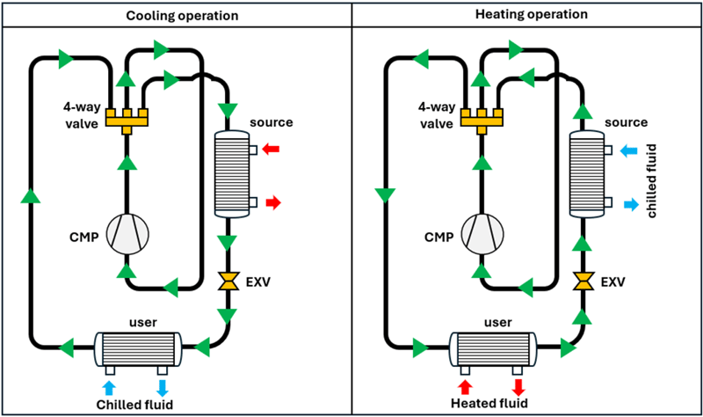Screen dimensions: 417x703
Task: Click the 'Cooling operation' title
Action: (176, 16)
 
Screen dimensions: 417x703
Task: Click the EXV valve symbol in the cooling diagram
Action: (229, 282)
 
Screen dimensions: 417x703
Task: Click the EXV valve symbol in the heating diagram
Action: (582, 282)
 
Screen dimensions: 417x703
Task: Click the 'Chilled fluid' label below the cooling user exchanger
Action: (134, 405)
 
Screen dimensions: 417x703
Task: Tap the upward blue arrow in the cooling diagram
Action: (109, 387)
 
